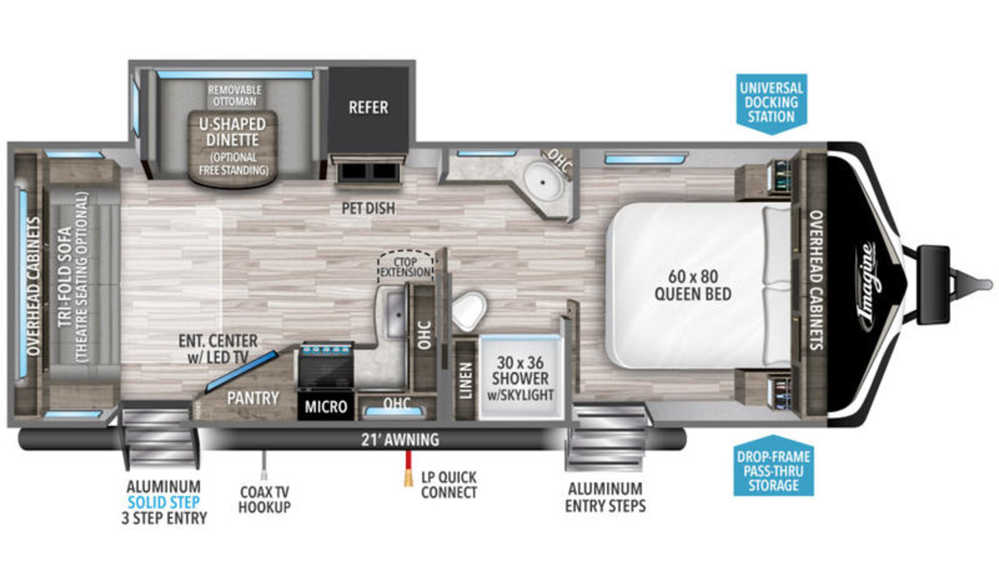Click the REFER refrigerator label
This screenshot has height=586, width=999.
368,107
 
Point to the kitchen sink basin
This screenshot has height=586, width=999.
395,315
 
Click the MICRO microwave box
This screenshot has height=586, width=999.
326,406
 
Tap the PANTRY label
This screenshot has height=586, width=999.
253,398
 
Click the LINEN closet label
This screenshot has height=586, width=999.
465,380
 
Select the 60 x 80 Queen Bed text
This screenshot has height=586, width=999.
693,286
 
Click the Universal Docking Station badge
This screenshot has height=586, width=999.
771,103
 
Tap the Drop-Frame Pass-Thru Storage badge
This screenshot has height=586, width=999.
773,466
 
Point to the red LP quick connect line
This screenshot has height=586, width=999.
408,464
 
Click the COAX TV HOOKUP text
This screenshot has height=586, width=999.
265,499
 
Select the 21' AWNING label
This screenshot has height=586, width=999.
400,440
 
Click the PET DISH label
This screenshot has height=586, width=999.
368,208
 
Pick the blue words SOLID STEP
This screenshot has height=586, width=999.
164,503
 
